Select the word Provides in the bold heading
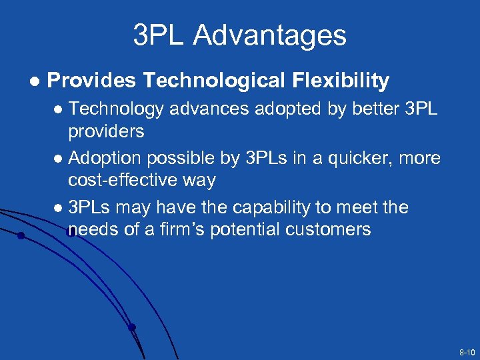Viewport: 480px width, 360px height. click(92, 81)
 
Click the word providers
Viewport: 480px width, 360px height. click(106, 131)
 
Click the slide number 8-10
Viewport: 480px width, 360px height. click(467, 351)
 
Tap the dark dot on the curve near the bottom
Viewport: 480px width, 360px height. click(132, 327)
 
